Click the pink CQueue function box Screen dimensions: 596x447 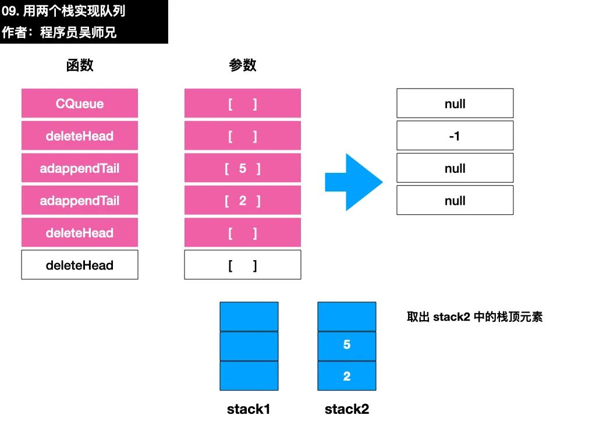[x=79, y=104]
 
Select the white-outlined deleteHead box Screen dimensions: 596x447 [x=79, y=265]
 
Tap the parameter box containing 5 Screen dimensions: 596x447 [x=243, y=168]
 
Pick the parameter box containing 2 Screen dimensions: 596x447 [x=243, y=200]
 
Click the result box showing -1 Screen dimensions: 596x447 [x=455, y=136]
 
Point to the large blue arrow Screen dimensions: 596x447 [x=353, y=182]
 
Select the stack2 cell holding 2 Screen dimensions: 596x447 [x=347, y=375]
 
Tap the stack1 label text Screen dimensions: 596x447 [x=249, y=409]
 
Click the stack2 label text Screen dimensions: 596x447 [x=347, y=409]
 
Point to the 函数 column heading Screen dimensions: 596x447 [x=79, y=65]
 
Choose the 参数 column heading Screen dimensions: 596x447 [x=243, y=65]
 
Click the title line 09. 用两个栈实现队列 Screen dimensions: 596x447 [x=63, y=11]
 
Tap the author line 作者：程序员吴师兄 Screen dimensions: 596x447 [x=59, y=33]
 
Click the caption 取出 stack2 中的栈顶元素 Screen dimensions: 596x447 [x=475, y=317]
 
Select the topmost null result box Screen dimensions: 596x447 [x=455, y=104]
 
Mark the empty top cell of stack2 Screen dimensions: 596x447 [x=347, y=317]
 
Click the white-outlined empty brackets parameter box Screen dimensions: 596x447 [x=243, y=265]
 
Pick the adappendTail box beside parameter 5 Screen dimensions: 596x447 [x=79, y=168]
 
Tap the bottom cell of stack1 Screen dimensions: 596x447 [x=249, y=375]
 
